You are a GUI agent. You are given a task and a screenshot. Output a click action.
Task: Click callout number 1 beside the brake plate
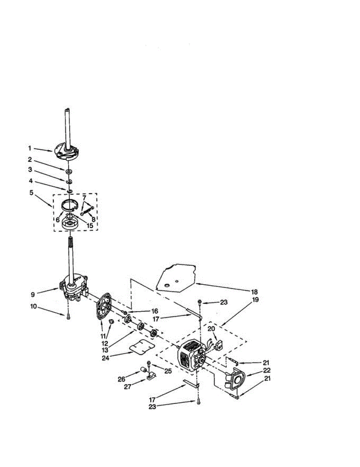(x=29, y=148)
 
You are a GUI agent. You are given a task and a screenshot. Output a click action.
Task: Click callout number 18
(x=254, y=292)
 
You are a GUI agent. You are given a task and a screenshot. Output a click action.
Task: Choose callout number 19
(x=255, y=300)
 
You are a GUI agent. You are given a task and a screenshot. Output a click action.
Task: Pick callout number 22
(x=267, y=370)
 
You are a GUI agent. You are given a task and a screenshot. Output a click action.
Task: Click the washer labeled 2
(x=69, y=171)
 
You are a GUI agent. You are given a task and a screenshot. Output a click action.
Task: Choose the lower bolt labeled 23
(x=198, y=402)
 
